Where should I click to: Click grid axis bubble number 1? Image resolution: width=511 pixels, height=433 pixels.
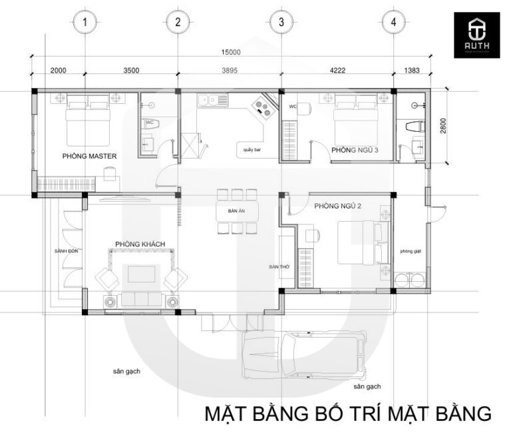pyautogui.click(x=84, y=22)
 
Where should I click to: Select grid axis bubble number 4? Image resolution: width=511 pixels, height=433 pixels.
pyautogui.click(x=394, y=22)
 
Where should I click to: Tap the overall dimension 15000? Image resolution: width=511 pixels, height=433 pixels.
pyautogui.click(x=231, y=52)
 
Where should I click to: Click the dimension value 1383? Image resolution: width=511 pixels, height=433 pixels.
pyautogui.click(x=411, y=71)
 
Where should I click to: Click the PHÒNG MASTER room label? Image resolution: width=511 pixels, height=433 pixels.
pyautogui.click(x=89, y=156)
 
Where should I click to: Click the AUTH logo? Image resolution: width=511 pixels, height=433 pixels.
pyautogui.click(x=476, y=34)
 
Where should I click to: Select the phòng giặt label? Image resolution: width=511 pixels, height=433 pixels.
pyautogui.click(x=411, y=251)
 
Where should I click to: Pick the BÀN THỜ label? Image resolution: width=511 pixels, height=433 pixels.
pyautogui.click(x=279, y=266)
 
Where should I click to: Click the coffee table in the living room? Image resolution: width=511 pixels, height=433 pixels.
pyautogui.click(x=140, y=274)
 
